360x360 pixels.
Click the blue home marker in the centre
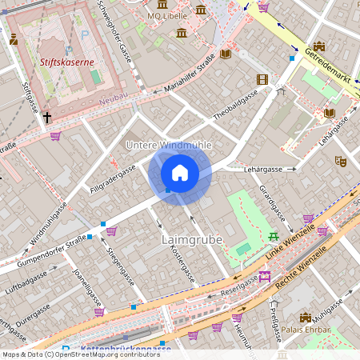click(180, 174)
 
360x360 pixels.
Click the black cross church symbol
click(46, 118)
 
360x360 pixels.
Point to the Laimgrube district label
click(191, 239)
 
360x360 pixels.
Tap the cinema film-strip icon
click(262, 79)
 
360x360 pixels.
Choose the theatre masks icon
click(340, 161)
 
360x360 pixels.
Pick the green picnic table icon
click(274, 236)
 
